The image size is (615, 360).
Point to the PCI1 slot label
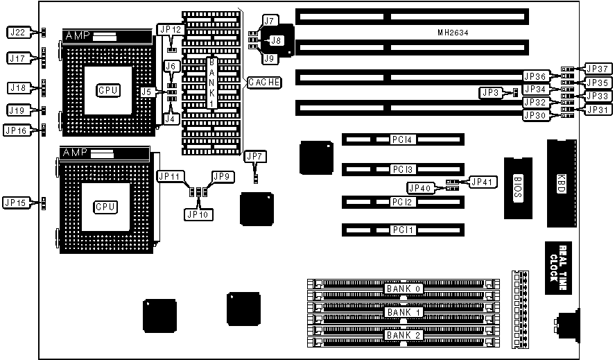click(402, 230)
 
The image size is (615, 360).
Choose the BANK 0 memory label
click(403, 288)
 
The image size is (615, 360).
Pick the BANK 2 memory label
click(403, 336)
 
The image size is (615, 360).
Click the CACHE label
click(264, 82)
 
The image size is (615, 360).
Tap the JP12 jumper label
click(170, 30)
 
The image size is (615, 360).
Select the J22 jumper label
click(17, 32)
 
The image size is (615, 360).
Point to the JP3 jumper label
click(490, 92)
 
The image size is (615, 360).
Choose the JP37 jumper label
click(596, 69)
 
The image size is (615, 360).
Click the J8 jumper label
click(275, 41)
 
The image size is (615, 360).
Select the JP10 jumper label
click(198, 214)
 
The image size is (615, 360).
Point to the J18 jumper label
click(17, 87)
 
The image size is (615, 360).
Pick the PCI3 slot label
click(402, 170)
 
